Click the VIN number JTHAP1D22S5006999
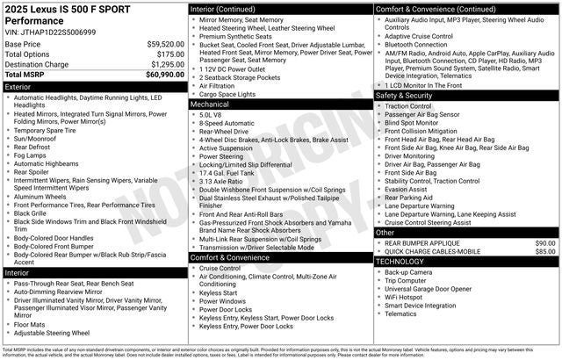point(62,31)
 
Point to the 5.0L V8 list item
point(211,114)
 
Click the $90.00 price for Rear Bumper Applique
point(545,242)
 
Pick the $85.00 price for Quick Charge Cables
point(545,251)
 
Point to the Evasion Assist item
point(407,189)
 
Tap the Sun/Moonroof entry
point(37,139)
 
